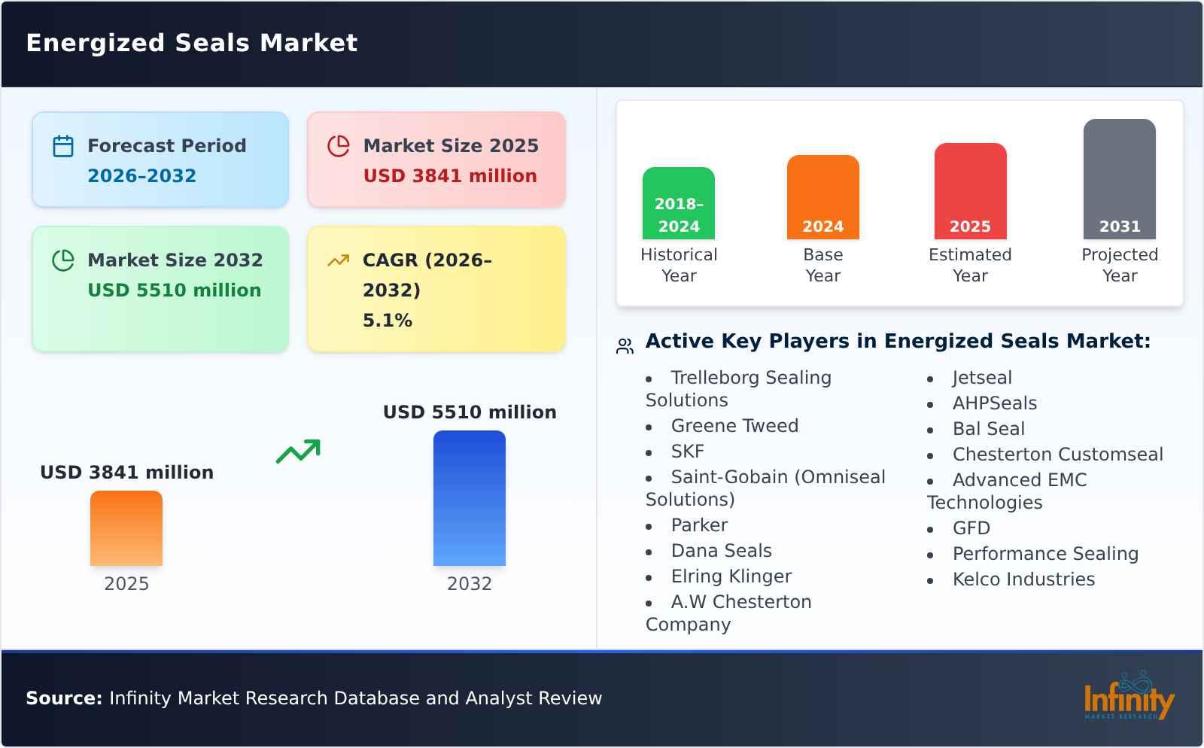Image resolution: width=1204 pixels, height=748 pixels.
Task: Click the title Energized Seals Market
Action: (192, 43)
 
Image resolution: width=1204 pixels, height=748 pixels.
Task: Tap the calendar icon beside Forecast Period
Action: (63, 146)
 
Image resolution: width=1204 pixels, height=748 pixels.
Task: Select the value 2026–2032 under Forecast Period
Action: (141, 176)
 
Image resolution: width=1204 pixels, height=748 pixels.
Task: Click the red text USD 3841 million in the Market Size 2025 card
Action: (450, 176)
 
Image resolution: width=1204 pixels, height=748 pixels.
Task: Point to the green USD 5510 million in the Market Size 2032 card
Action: (174, 290)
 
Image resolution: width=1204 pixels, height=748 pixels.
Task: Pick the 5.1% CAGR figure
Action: (388, 321)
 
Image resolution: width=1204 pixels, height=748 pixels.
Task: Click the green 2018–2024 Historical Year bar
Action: (679, 203)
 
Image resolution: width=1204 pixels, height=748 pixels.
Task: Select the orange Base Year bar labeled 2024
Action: (822, 197)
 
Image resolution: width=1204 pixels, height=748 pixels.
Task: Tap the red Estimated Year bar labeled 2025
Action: (970, 191)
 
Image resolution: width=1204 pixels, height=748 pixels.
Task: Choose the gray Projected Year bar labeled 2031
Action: (1119, 179)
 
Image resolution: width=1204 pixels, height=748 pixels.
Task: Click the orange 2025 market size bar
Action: (126, 528)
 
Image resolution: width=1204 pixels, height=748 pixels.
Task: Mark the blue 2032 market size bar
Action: (470, 498)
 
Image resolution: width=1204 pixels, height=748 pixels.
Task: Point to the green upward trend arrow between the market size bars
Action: (299, 452)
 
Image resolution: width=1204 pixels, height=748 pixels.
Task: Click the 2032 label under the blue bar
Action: (470, 584)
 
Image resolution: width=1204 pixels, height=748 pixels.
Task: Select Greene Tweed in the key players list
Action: (734, 426)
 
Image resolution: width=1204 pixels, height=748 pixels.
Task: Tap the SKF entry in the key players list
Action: (687, 452)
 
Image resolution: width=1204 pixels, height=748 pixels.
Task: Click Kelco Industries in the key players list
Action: (1023, 579)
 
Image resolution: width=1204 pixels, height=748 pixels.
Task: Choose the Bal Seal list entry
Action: (988, 429)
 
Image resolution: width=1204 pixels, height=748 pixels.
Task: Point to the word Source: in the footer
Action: (64, 698)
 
